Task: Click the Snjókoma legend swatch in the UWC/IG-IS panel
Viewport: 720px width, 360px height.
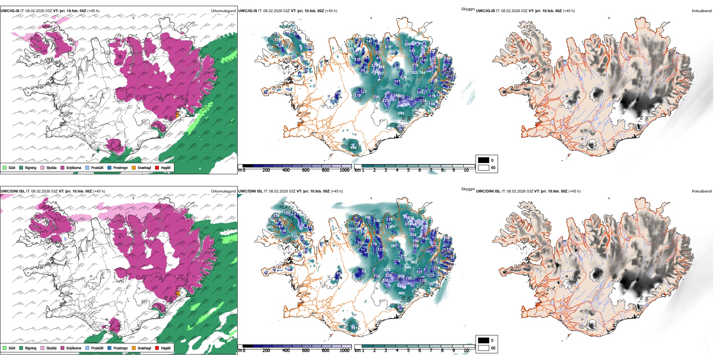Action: tap(63, 167)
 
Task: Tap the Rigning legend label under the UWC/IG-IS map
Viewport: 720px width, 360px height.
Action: tap(30, 167)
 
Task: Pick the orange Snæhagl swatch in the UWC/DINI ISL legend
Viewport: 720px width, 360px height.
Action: tap(134, 348)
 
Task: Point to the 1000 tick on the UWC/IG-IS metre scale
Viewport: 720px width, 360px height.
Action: tap(344, 170)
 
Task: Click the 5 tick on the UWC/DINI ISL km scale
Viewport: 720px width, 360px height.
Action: tap(408, 351)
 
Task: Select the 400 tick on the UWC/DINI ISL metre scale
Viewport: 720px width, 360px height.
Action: tap(286, 351)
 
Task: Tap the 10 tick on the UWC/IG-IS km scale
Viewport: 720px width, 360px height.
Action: tap(466, 170)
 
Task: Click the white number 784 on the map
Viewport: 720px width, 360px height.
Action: tap(422, 73)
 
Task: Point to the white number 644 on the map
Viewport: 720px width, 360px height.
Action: tap(401, 113)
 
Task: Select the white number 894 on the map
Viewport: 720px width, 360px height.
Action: tap(408, 268)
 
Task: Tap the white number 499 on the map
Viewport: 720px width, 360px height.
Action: tap(401, 293)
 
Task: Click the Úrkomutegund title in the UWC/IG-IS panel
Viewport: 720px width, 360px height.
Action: tap(223, 11)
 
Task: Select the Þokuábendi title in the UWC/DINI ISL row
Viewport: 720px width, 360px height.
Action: tap(702, 191)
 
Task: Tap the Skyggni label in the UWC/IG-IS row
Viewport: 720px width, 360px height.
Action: tap(468, 9)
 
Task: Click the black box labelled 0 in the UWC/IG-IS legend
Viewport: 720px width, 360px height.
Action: tap(484, 160)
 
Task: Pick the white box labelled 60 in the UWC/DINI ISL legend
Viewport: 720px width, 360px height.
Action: tap(484, 348)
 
